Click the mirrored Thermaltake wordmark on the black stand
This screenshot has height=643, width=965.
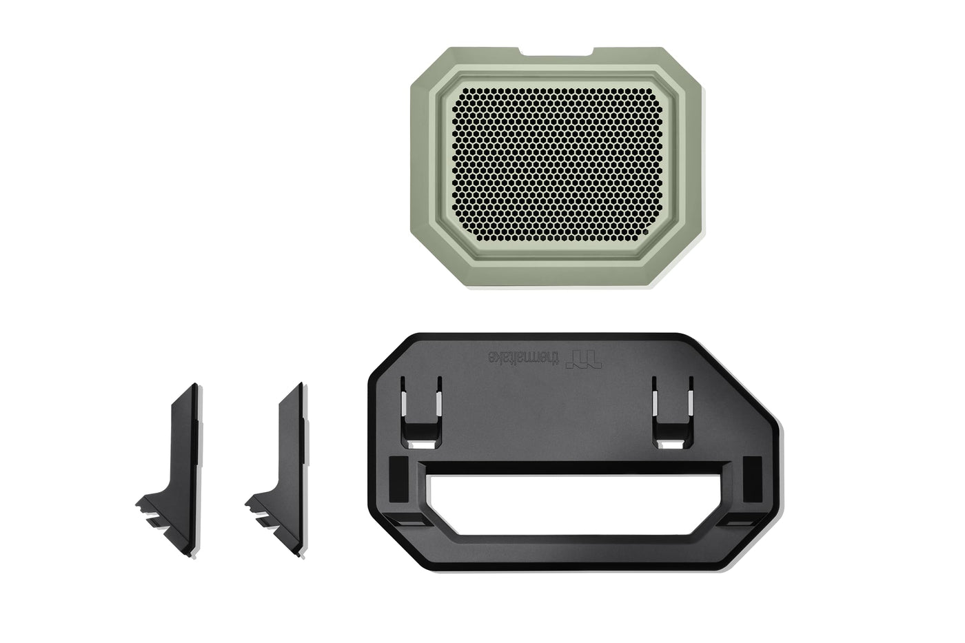point(523,357)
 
